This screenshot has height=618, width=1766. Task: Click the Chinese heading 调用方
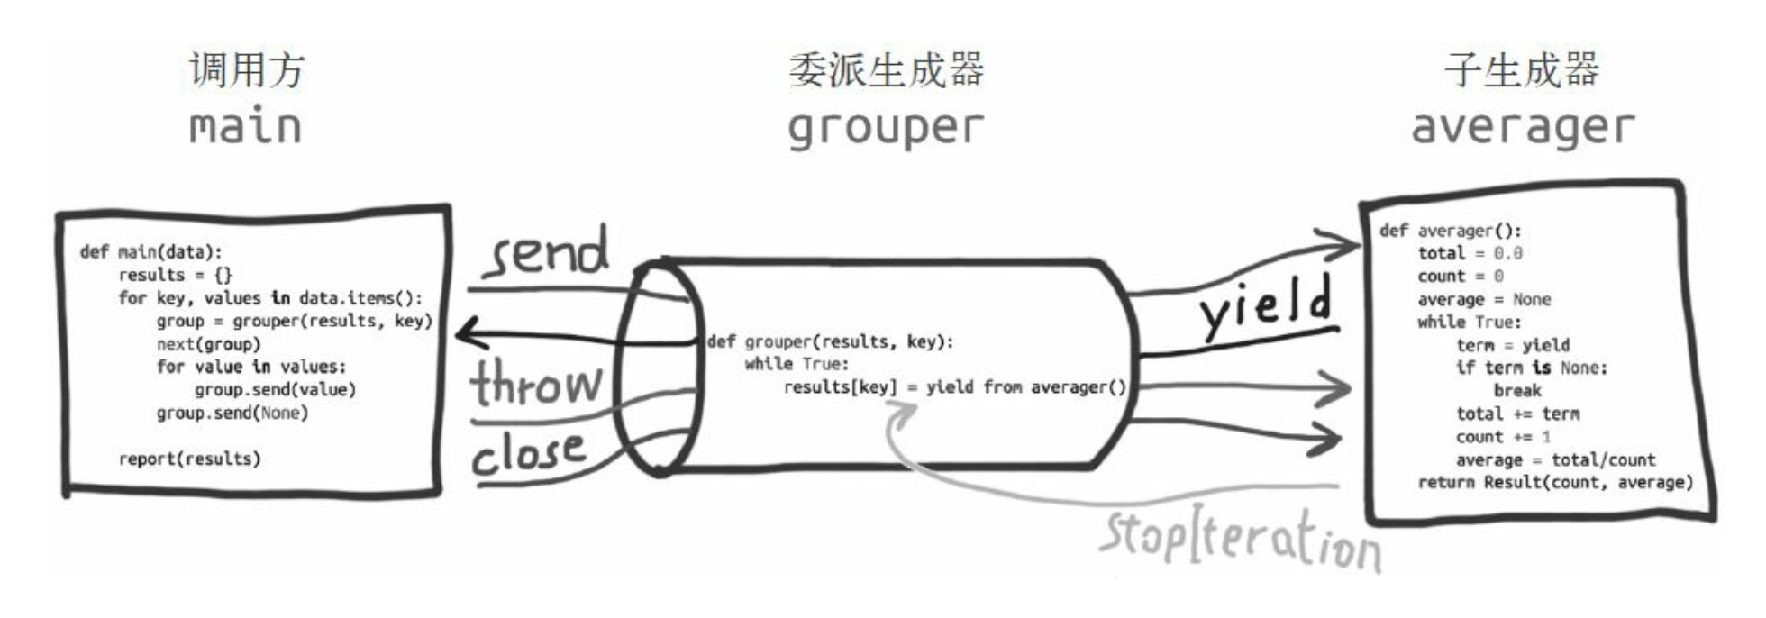[247, 70]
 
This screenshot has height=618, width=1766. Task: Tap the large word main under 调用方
[245, 126]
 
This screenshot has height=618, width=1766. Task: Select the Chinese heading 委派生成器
[886, 70]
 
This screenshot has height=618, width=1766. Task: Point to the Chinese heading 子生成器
[1522, 70]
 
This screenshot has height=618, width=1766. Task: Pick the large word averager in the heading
[1522, 127]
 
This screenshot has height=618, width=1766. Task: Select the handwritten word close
[530, 452]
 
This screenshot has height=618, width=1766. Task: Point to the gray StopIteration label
[1240, 538]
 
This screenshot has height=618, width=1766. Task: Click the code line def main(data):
[150, 252]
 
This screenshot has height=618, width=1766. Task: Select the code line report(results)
[189, 459]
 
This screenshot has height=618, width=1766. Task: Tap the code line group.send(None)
[232, 414]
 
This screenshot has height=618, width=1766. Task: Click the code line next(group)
[208, 344]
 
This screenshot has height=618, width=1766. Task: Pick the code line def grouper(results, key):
[830, 341]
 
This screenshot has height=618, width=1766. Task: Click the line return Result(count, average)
[1555, 483]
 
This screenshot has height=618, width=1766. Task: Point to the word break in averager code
[1517, 391]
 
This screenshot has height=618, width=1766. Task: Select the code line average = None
[1484, 299]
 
